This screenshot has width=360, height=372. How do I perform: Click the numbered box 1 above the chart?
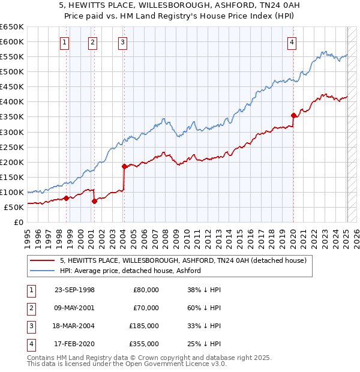pyautogui.click(x=64, y=42)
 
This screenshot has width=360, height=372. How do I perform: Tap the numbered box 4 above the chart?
pyautogui.click(x=292, y=42)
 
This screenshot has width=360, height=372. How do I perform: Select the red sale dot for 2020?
pyautogui.click(x=293, y=115)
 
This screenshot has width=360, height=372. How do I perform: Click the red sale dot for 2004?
pyautogui.click(x=124, y=166)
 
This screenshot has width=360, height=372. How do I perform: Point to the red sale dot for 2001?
pyautogui.click(x=94, y=201)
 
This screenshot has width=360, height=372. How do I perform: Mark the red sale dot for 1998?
pyautogui.click(x=66, y=198)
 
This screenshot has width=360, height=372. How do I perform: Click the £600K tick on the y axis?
pyautogui.click(x=12, y=41)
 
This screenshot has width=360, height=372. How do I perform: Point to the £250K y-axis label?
pyautogui.click(x=12, y=147)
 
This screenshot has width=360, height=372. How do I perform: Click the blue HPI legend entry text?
pyautogui.click(x=130, y=271)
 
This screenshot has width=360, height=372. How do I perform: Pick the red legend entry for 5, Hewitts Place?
pyautogui.click(x=183, y=260)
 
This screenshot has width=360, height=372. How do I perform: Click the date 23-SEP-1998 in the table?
pyautogui.click(x=74, y=290)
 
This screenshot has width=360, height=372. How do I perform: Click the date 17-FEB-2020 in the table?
pyautogui.click(x=74, y=344)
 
